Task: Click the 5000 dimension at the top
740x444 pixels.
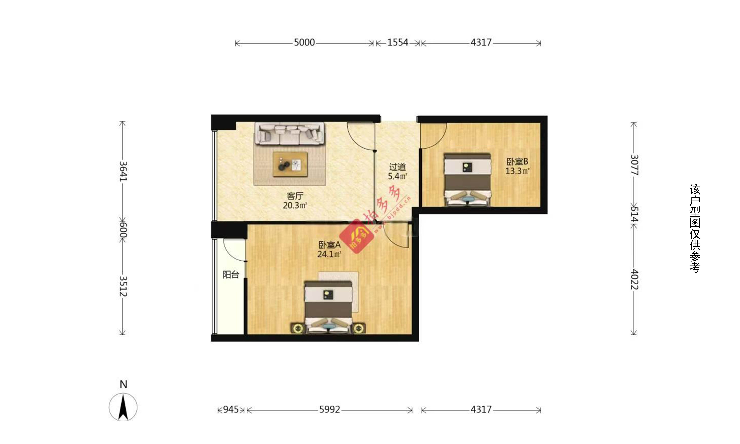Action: (304, 42)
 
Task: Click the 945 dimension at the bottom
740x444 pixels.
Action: (231, 409)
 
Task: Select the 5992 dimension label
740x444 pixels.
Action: (330, 409)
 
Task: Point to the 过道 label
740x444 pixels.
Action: (398, 167)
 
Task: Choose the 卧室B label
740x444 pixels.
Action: (517, 162)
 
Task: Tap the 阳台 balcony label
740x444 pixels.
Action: (231, 274)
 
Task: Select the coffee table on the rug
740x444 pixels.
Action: (290, 164)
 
